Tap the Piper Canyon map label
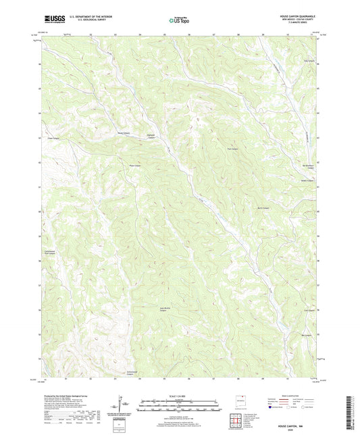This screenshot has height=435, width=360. click(53, 140)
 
